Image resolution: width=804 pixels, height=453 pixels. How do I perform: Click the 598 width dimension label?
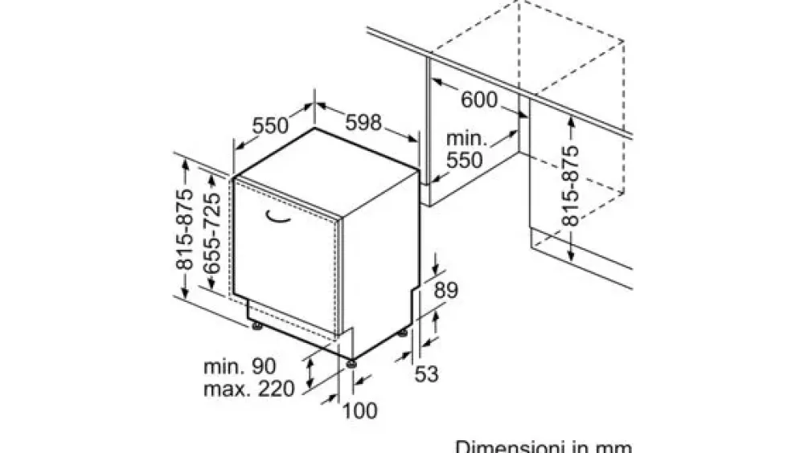click(363, 122)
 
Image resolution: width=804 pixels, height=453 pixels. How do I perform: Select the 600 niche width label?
click(479, 100)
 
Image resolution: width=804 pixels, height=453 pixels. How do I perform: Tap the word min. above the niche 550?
click(466, 138)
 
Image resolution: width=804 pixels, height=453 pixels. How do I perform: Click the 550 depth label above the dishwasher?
click(271, 125)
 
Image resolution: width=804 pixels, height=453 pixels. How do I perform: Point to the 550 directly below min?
click(465, 161)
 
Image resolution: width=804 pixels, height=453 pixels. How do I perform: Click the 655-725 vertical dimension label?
click(211, 233)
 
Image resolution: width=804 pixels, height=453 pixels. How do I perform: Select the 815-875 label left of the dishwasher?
click(185, 229)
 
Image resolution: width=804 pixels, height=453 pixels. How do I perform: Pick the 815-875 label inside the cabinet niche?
click(570, 186)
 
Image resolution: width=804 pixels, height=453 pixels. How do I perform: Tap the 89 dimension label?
click(445, 290)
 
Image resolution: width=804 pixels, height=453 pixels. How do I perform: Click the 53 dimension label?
click(427, 374)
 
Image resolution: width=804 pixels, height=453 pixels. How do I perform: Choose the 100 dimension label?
click(359, 410)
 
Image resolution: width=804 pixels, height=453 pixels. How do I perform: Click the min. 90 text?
click(240, 366)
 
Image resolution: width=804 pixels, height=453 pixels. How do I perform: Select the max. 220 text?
click(249, 389)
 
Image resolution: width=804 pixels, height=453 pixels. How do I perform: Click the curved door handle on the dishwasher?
click(278, 218)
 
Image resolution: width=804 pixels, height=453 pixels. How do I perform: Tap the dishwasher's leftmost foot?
click(257, 325)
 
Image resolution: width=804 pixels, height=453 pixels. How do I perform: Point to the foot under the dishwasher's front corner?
click(351, 364)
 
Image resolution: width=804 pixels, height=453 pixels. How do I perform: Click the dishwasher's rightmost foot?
click(403, 333)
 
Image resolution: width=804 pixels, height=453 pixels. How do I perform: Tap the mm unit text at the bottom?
click(613, 447)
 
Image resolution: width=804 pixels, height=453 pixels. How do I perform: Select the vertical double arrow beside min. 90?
click(310, 373)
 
